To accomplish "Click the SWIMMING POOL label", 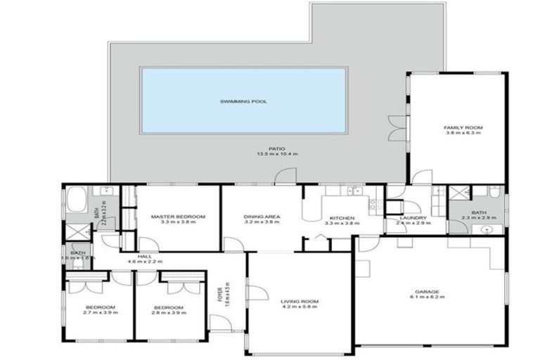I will (243, 101).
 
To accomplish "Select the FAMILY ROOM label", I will (458, 127).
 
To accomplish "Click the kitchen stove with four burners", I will (376, 205).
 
